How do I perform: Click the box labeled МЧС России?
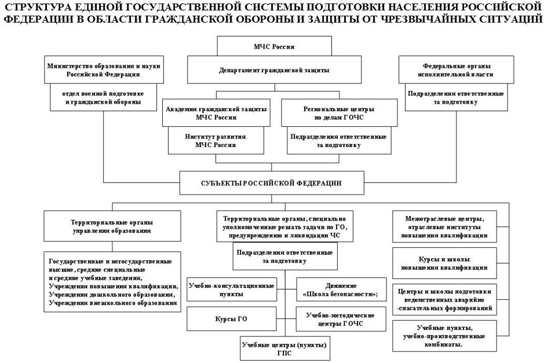pos(274,45)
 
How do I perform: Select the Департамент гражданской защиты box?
pos(274,71)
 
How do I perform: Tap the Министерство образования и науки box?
pos(103,70)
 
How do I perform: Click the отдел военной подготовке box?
pos(103,97)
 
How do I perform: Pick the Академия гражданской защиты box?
pos(217,112)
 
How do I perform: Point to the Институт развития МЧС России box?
pos(217,141)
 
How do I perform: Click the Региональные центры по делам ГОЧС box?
pos(338,112)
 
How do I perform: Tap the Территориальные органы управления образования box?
pos(111,226)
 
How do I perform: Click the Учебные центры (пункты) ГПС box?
pos(284,349)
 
